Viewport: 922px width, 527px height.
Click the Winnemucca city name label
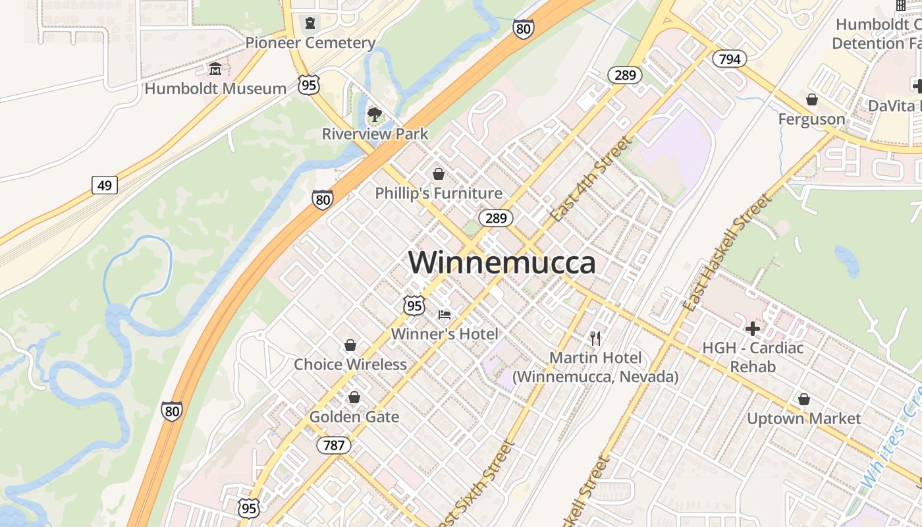pos(502,262)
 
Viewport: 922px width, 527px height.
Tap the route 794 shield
pos(729,59)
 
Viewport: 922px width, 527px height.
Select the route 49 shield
pos(104,185)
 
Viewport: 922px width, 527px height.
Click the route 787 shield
pos(334,445)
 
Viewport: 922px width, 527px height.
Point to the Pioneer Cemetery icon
pos(310,24)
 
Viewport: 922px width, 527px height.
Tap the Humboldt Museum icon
pos(215,69)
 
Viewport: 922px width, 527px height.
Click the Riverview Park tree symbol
pos(375,115)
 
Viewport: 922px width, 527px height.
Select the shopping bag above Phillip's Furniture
pos(438,174)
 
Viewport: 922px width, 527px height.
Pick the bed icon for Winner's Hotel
pos(445,315)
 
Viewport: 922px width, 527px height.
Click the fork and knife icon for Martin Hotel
pos(595,339)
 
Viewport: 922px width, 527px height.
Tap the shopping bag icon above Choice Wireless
pos(350,345)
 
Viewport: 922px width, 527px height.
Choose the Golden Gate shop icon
pos(354,397)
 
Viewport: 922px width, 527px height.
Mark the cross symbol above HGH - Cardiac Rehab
pos(752,328)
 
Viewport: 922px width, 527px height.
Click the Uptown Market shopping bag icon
pos(803,399)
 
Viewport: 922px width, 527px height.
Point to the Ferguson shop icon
pos(811,99)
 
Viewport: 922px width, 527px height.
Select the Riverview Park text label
pos(375,134)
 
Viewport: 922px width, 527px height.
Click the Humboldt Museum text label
pos(215,88)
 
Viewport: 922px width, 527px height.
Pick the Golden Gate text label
pos(354,417)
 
